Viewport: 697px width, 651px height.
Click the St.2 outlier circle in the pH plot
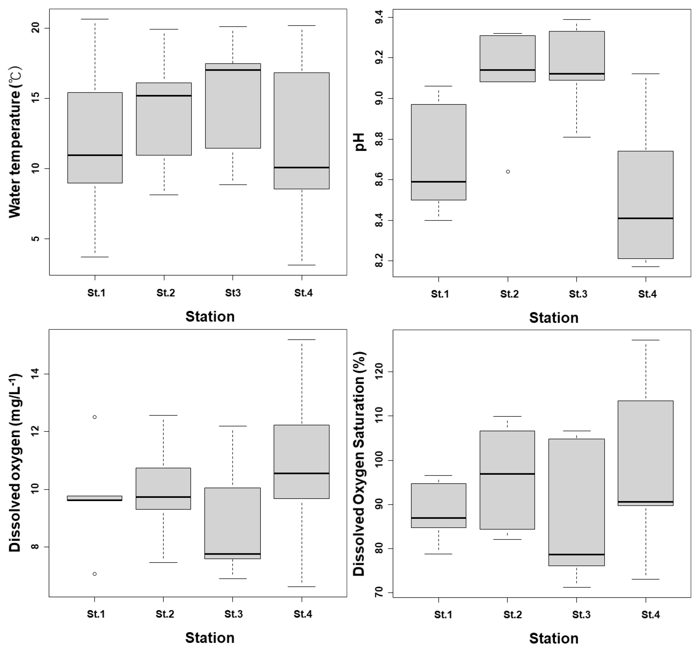[508, 172]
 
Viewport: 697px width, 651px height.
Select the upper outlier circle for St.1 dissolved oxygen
[94, 417]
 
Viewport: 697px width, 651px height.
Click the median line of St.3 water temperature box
[233, 70]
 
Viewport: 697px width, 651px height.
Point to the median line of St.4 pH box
[645, 218]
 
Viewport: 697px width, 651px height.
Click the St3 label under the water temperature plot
[233, 293]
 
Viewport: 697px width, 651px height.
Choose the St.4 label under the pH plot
[647, 294]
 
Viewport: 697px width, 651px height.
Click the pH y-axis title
[360, 142]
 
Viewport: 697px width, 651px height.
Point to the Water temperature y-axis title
[15, 142]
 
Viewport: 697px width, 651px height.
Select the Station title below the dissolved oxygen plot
[210, 637]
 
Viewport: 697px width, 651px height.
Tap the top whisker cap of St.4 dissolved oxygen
[302, 340]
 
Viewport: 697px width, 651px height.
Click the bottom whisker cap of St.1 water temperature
[95, 257]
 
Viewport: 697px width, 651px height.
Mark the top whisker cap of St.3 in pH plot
[577, 20]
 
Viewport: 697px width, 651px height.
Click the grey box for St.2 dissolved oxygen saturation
[507, 480]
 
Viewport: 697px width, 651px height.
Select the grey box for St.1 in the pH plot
[438, 152]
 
